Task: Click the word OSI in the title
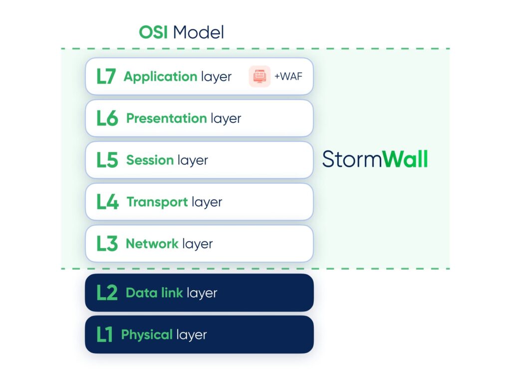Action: point(154,33)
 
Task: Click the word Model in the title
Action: point(199,33)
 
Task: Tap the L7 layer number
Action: point(106,76)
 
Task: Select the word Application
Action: point(160,77)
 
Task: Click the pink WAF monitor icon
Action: point(259,76)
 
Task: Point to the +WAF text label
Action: point(288,77)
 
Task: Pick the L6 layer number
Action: point(107,118)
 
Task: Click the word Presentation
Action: point(166,118)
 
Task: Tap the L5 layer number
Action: point(107,160)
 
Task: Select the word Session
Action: point(150,160)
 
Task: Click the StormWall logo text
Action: point(375,160)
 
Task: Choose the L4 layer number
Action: point(107,202)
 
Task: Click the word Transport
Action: point(157,202)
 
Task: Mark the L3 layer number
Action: point(107,244)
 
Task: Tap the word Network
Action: point(152,244)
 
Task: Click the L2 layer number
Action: point(107,293)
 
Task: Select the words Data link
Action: point(154,293)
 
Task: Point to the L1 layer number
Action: point(104,335)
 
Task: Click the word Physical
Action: point(147,335)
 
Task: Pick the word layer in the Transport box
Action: point(207,202)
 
